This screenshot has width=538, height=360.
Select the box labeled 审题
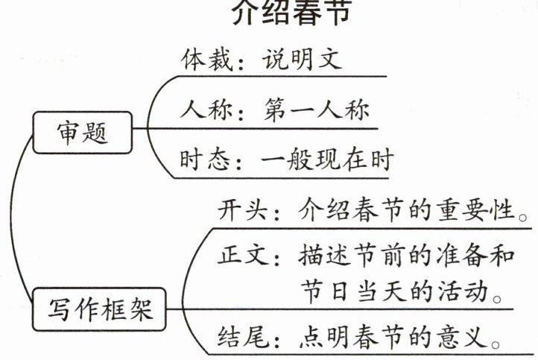(82, 133)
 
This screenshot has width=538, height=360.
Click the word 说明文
(302, 60)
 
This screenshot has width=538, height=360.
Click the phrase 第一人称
(317, 110)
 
